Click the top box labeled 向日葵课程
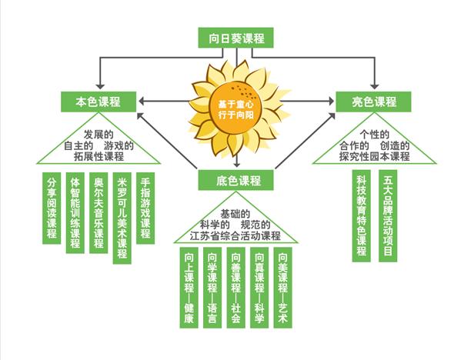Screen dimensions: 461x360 pyautogui.click(x=236, y=38)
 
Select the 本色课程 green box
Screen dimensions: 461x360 pyautogui.click(x=99, y=102)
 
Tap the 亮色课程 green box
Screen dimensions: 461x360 pyautogui.click(x=373, y=102)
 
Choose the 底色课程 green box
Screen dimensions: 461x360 pyautogui.click(x=236, y=180)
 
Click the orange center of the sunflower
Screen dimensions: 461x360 pyautogui.click(x=236, y=108)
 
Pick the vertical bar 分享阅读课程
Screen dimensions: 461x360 pyautogui.click(x=52, y=208)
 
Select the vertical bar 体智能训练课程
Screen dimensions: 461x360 pyautogui.click(x=75, y=213)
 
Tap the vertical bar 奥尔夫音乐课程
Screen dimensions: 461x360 pyautogui.click(x=99, y=213)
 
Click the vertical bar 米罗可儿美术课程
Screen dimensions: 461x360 pyautogui.click(x=122, y=218)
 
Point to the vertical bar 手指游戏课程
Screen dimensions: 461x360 pyautogui.click(x=145, y=208)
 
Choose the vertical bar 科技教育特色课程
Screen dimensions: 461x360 pyautogui.click(x=361, y=215)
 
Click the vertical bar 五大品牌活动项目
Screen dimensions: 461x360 pyautogui.click(x=388, y=215)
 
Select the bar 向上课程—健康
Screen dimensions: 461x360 pyautogui.click(x=189, y=288)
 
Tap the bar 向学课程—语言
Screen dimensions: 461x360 pyautogui.click(x=212, y=288)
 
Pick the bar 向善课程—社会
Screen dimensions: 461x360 pyautogui.click(x=236, y=288)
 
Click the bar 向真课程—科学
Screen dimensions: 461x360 pyautogui.click(x=259, y=288)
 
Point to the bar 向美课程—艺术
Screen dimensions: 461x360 pyautogui.click(x=282, y=288)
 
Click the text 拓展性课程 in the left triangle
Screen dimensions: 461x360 pyautogui.click(x=99, y=156)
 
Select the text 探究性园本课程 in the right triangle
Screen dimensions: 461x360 pyautogui.click(x=374, y=156)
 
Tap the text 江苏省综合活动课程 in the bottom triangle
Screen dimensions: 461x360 pyautogui.click(x=236, y=235)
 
